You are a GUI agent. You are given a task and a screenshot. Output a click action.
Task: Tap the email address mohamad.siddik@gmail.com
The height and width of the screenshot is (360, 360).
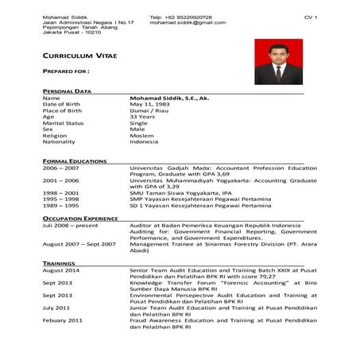188,23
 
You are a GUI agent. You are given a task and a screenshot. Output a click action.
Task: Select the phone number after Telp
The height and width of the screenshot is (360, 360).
195,17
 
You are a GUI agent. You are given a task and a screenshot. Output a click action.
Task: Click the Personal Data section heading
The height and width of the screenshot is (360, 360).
67,91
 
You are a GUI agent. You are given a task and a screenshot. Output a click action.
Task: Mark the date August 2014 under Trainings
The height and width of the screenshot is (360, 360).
60,270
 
